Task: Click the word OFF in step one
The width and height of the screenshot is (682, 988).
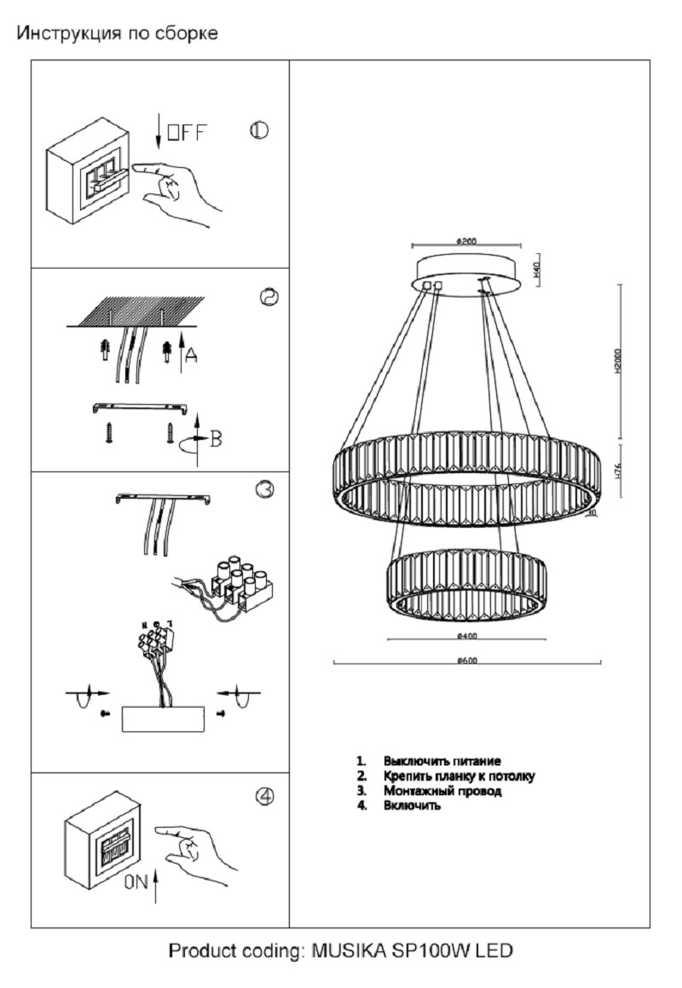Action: [x=186, y=133]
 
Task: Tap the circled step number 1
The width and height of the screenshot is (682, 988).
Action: [x=259, y=130]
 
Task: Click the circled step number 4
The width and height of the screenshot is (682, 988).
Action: [x=265, y=795]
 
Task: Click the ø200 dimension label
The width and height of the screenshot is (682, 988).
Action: [x=466, y=241]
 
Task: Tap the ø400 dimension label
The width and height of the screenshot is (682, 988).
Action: [x=466, y=636]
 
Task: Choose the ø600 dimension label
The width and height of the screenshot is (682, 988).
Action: [x=466, y=660]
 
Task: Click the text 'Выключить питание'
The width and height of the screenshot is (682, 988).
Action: [x=442, y=760]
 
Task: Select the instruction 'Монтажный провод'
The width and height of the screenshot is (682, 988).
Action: [x=442, y=791]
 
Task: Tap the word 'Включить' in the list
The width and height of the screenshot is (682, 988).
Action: [x=412, y=806]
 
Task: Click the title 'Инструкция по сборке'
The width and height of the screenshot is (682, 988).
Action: [x=118, y=34]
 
